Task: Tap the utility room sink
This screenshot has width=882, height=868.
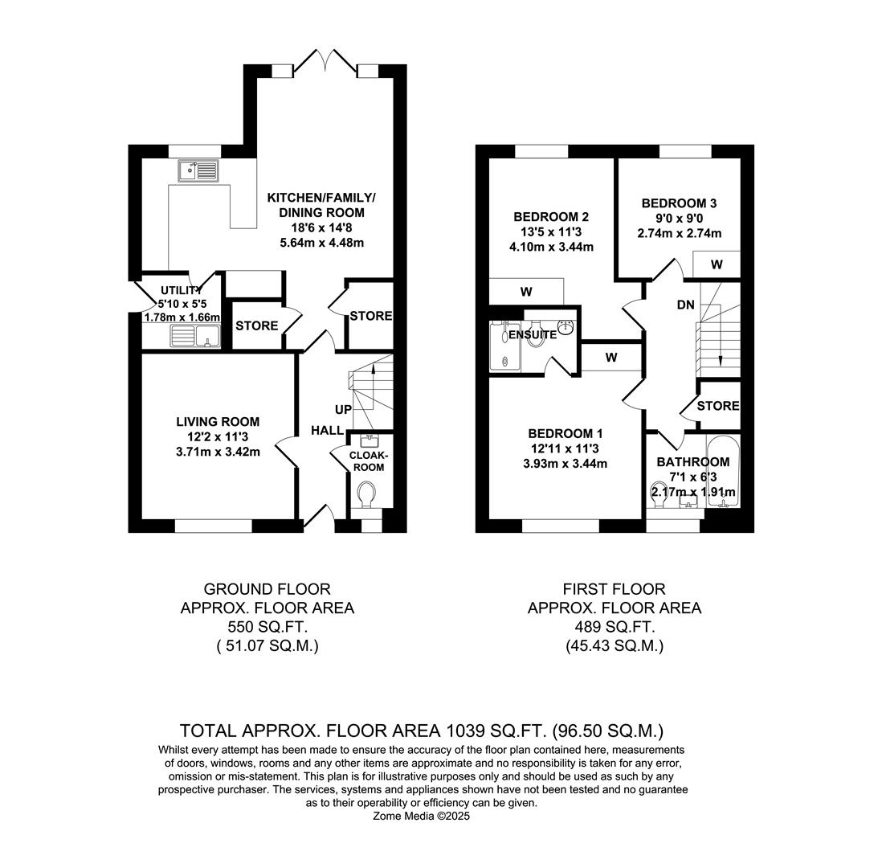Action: [195, 335]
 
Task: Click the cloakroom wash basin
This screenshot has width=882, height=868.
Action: [370, 440]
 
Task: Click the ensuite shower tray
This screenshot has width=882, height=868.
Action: [504, 347]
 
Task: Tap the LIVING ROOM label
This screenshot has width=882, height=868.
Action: [218, 422]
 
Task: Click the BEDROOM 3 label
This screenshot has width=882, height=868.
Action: [679, 203]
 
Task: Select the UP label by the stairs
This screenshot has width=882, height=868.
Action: [343, 410]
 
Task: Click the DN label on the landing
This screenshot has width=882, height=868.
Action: [685, 305]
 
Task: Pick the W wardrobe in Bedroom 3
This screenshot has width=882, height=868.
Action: [716, 264]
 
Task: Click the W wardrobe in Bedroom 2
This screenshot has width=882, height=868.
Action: [526, 292]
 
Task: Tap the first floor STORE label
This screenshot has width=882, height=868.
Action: [717, 406]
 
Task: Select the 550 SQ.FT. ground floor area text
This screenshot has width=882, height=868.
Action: [267, 627]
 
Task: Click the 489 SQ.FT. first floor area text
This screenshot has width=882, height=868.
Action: [614, 627]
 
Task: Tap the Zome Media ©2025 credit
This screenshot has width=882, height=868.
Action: [421, 816]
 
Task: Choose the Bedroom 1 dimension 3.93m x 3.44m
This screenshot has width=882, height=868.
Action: [565, 464]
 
